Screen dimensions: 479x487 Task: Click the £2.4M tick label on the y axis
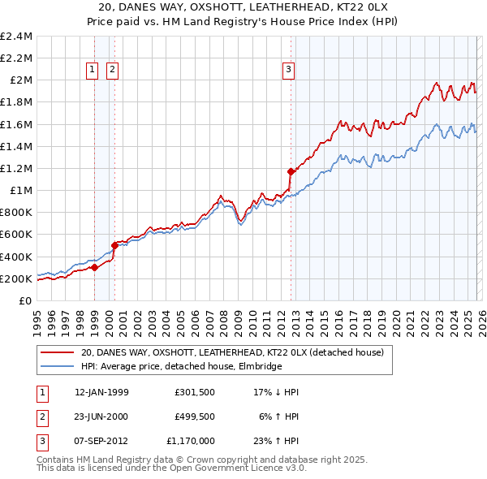pos(16,37)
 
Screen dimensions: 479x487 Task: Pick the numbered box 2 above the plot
pos(112,71)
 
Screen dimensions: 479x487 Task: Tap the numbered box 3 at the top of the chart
pos(288,71)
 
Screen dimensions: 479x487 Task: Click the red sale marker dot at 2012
pos(291,171)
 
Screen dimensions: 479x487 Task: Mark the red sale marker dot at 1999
pos(95,267)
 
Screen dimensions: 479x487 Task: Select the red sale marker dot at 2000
pos(115,245)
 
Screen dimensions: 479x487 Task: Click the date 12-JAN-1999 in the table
pos(101,392)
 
